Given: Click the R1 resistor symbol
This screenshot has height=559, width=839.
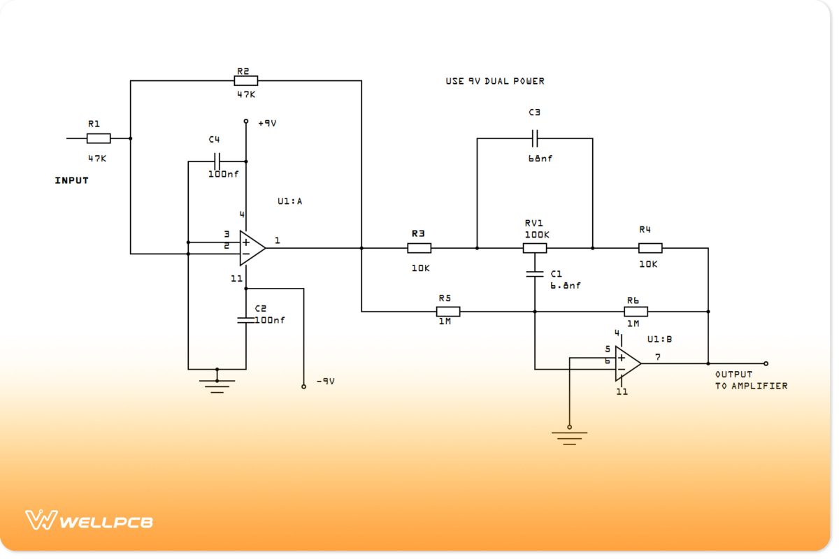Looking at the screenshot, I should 99,138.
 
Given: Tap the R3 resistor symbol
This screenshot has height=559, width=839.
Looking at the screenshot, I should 419,248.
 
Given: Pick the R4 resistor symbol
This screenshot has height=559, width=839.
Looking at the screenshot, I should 650,248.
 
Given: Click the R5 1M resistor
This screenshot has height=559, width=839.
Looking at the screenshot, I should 447,312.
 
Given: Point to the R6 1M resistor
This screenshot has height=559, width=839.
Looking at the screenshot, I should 636,312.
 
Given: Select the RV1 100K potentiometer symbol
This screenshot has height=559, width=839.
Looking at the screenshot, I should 535,248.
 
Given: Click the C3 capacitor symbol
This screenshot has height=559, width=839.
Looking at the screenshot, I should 535,138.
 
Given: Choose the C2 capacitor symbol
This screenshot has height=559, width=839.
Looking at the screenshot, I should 245,319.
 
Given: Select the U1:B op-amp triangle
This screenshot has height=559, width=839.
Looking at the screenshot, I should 627,363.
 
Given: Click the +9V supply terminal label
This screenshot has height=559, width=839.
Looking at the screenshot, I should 267,123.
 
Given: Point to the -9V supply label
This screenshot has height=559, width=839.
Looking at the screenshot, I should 325,382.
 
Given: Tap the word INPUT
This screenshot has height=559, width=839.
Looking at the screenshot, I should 72,180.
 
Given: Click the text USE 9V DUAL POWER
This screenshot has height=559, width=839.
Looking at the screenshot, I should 495,81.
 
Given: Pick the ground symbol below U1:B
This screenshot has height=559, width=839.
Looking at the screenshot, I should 569,437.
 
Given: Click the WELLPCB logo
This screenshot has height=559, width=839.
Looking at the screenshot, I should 89,521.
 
